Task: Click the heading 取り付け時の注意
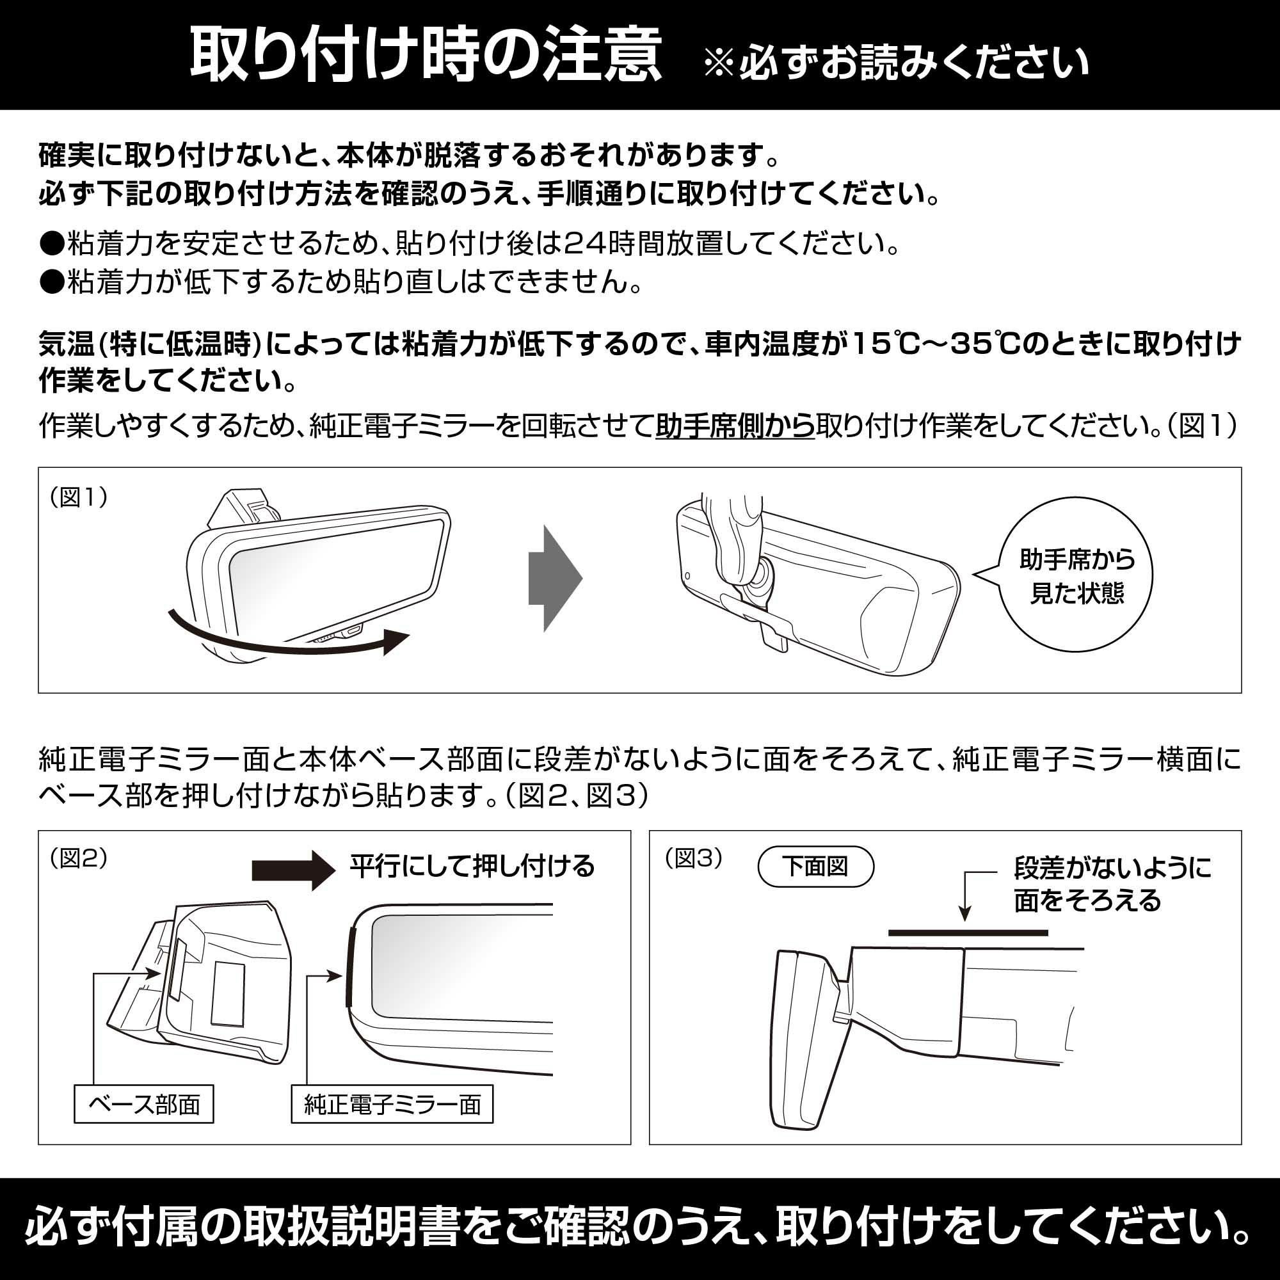(x=426, y=56)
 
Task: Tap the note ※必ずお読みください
(x=896, y=63)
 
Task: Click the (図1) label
(x=79, y=497)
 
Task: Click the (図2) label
(x=79, y=858)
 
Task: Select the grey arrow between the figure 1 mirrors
(x=554, y=579)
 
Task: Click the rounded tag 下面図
(x=815, y=866)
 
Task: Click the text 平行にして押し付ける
(x=472, y=866)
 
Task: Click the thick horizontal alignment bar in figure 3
(x=968, y=933)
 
